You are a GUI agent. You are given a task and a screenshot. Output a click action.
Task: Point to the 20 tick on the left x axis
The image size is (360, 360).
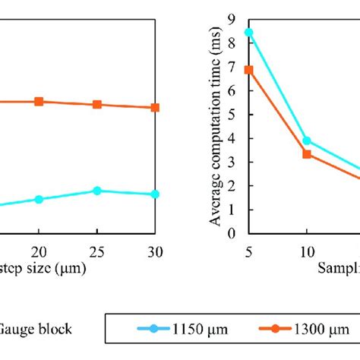coord(39,251)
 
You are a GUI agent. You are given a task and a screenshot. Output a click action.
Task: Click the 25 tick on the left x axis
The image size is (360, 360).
coord(96,251)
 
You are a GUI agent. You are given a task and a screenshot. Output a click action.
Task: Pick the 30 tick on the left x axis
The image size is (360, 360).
coord(154,251)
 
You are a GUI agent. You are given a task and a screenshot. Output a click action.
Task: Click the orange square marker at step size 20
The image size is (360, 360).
coord(39,101)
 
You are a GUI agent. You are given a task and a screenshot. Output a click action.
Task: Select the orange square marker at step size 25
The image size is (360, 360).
coord(97,104)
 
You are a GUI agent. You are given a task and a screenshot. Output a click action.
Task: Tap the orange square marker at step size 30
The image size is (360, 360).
coord(155,107)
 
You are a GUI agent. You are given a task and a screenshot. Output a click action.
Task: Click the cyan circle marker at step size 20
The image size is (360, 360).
coord(39,199)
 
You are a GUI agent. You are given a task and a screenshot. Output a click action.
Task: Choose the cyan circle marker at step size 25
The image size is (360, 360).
coord(97,191)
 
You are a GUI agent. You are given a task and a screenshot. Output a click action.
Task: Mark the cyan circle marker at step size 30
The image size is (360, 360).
coord(155,194)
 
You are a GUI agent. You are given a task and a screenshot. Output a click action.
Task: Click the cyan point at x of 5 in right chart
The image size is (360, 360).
coord(248,33)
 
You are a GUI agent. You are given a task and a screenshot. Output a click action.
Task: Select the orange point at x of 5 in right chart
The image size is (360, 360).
coord(248,69)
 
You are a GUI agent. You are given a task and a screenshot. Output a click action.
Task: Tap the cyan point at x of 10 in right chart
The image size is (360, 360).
coord(306,141)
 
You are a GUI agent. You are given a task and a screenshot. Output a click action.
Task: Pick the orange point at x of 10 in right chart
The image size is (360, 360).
coord(306,153)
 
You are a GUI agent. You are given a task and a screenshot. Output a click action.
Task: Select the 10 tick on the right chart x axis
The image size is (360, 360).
coord(306,251)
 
